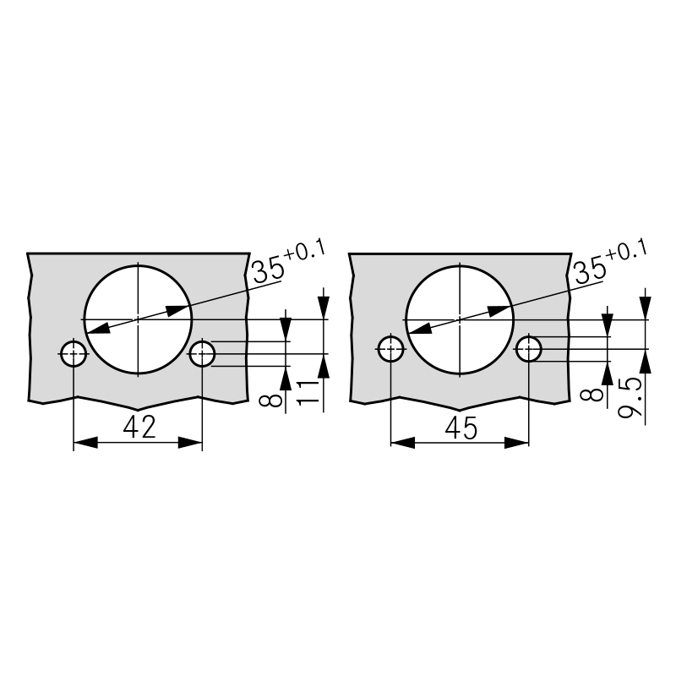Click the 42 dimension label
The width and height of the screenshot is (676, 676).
pos(139,428)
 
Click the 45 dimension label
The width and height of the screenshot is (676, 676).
pos(461,428)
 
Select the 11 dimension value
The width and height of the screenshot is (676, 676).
pos(308,392)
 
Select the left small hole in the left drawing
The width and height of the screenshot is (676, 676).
pos(74,353)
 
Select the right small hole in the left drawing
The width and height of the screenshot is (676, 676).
pos(202,353)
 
